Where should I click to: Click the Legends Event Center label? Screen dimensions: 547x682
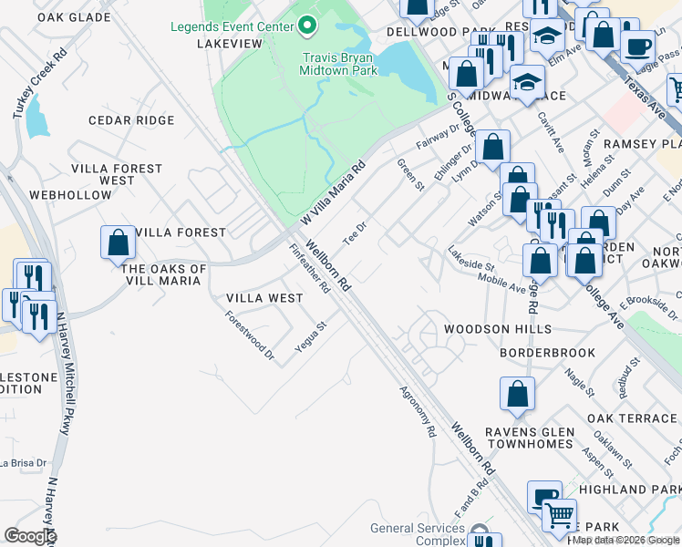tap(232, 26)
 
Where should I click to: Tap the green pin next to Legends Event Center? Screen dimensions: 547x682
tap(306, 26)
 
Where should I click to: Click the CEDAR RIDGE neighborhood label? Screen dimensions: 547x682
tap(130, 120)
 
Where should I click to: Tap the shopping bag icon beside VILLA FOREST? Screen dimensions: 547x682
tap(119, 243)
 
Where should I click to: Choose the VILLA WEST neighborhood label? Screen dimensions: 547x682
tap(264, 298)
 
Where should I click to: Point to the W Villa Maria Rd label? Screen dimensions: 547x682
tap(333, 192)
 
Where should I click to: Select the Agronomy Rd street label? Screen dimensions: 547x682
tap(418, 411)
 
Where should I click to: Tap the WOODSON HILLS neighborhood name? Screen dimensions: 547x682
tap(497, 328)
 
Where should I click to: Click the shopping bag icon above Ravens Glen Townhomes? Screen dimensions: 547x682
tap(517, 394)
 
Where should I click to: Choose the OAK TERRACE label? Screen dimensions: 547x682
tap(633, 418)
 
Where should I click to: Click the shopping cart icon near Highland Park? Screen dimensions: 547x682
tap(559, 515)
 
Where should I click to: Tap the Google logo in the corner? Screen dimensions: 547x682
tap(30, 536)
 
